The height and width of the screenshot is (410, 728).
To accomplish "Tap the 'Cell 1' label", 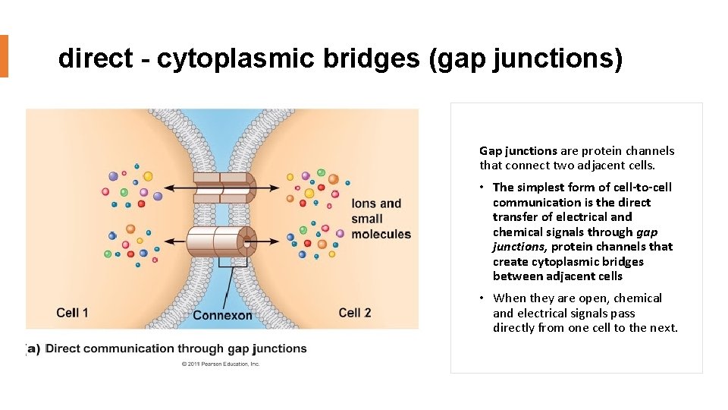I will click(73, 312).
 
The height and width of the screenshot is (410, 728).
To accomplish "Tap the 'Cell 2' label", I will click(355, 312).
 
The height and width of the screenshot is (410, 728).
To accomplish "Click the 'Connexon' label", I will click(222, 314).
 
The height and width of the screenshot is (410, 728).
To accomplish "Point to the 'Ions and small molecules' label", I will click(380, 219).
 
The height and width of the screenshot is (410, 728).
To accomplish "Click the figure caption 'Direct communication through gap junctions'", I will click(177, 348).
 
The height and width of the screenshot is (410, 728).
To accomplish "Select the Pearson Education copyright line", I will click(221, 364).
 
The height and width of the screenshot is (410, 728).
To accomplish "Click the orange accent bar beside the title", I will click(4, 55).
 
